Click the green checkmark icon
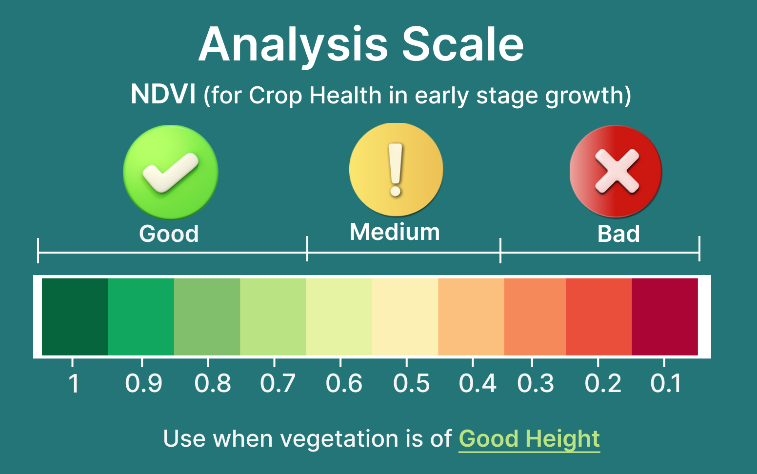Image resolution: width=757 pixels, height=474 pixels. [171, 172]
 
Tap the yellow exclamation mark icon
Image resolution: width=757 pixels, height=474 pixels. [396, 170]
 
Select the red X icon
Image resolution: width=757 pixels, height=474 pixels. [616, 171]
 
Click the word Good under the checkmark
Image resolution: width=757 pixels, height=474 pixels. [169, 234]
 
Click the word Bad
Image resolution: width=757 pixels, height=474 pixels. [618, 234]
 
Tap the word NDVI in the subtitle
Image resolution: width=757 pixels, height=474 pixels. [163, 94]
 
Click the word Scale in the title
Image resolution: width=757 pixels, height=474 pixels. [462, 44]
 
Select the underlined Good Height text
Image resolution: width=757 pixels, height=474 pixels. [529, 439]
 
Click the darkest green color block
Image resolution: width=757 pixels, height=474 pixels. [75, 317]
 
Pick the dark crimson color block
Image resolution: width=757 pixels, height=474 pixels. [665, 317]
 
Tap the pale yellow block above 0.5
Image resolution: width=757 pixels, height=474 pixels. [405, 317]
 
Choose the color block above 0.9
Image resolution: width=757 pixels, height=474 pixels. [141, 317]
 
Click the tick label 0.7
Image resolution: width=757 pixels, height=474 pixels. [278, 383]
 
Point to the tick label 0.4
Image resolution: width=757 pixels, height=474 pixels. [478, 383]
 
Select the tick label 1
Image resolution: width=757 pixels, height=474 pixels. [74, 383]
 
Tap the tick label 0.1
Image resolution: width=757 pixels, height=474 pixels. [665, 383]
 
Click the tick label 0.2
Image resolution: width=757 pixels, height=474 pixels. [603, 383]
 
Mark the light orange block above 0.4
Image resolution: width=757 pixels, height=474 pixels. [471, 317]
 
